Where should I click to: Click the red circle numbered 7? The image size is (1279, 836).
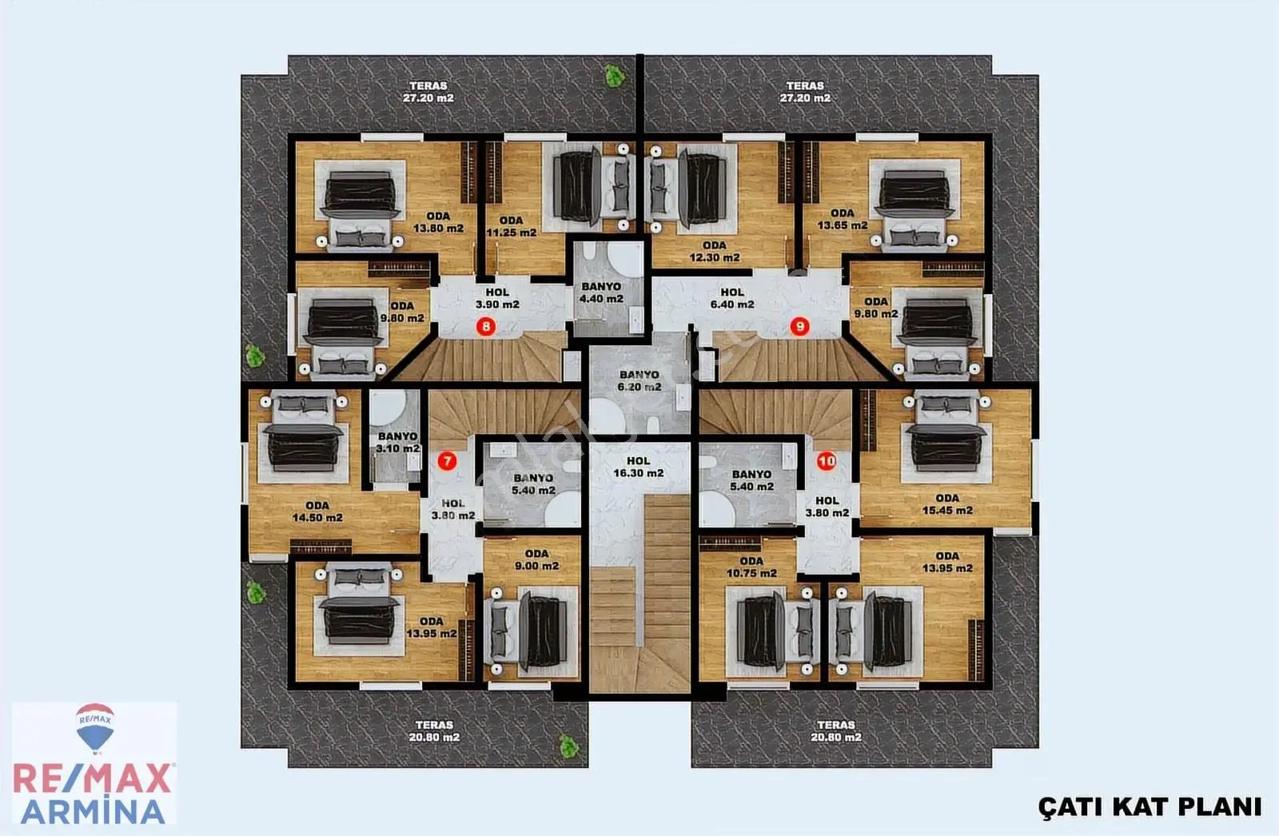pyautogui.click(x=447, y=461)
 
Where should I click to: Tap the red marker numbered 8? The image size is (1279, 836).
pyautogui.click(x=486, y=327)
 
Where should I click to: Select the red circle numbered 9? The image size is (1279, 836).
pyautogui.click(x=799, y=327)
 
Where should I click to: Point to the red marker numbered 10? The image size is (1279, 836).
pyautogui.click(x=827, y=461)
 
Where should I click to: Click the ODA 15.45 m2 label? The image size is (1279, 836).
pyautogui.click(x=947, y=504)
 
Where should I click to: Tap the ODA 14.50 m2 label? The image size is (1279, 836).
pyautogui.click(x=317, y=512)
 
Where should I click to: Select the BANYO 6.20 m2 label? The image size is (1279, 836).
pyautogui.click(x=639, y=381)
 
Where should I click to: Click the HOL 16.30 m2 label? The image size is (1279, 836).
pyautogui.click(x=639, y=467)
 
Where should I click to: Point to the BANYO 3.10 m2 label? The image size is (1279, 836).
pyautogui.click(x=398, y=443)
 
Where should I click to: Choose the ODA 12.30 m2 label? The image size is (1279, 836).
pyautogui.click(x=715, y=251)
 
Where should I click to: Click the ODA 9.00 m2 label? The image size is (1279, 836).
pyautogui.click(x=536, y=559)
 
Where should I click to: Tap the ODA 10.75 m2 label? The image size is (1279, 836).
pyautogui.click(x=751, y=567)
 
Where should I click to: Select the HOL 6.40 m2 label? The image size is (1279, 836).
pyautogui.click(x=732, y=298)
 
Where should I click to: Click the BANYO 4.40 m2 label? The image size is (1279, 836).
pyautogui.click(x=601, y=293)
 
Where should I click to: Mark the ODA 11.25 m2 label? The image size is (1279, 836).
pyautogui.click(x=511, y=226)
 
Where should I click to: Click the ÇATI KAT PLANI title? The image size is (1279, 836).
pyautogui.click(x=1150, y=807)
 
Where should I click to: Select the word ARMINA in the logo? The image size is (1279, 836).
pyautogui.click(x=94, y=811)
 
